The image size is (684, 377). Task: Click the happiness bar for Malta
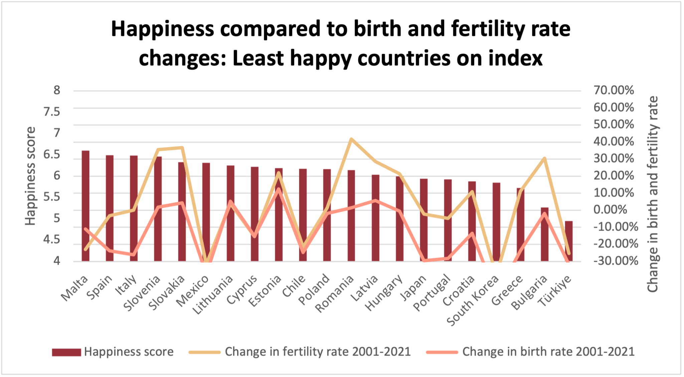click(85, 206)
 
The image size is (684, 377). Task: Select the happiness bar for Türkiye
click(568, 241)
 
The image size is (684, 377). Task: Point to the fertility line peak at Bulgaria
click(544, 158)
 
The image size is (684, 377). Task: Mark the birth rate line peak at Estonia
click(279, 189)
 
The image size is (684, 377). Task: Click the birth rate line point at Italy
click(134, 255)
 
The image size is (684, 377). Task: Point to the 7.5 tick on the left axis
click(52, 112)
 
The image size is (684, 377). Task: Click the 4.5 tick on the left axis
click(52, 240)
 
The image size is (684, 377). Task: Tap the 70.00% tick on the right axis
click(614, 90)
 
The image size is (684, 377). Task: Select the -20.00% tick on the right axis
click(616, 244)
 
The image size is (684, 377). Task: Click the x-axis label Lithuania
click(214, 294)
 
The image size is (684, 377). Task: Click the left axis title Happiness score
click(30, 176)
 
